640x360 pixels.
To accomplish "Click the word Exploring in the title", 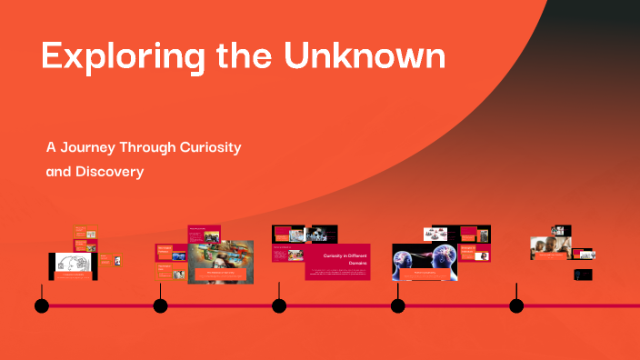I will click(109, 56).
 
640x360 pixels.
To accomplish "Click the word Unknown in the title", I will click(363, 55).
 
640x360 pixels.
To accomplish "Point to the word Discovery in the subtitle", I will click(110, 171).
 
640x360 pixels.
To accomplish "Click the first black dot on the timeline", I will click(42, 305).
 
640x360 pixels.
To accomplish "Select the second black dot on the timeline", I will click(160, 305).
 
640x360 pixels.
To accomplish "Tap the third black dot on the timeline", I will click(279, 305).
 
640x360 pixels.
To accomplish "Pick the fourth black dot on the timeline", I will click(397, 305).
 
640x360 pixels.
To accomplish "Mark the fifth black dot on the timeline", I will click(516, 305).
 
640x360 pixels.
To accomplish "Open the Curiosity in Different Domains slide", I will click(337, 262).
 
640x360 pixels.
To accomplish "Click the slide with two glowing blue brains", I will click(425, 262).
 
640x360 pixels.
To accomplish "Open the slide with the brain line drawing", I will click(73, 265).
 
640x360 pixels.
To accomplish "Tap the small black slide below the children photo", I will click(583, 274).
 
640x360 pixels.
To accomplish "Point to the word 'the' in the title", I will click(244, 56).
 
